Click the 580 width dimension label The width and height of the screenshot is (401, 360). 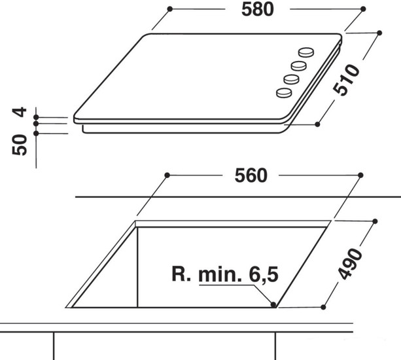point(258,10)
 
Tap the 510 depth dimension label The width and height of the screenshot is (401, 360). point(346,80)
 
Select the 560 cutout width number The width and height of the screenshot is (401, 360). point(251,176)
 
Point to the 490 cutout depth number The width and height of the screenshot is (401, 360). point(350,263)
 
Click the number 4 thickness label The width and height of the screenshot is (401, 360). point(20,112)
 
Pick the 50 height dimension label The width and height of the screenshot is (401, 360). point(20,145)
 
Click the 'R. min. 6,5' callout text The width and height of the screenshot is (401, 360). point(225,274)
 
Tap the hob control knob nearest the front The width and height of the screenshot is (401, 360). point(284,93)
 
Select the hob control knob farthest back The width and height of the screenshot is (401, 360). point(306,52)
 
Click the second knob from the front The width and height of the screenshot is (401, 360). point(291,79)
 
